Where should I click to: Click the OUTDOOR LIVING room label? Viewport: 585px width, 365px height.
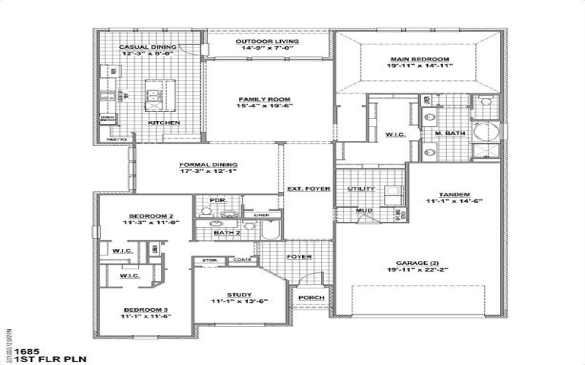[x=267, y=42]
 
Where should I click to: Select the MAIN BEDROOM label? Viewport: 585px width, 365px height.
[x=419, y=58]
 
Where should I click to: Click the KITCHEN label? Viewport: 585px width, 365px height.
[x=164, y=123]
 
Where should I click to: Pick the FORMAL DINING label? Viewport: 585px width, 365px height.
[x=205, y=165]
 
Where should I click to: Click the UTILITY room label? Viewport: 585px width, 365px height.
[x=361, y=189]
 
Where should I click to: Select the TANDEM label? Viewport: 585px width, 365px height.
[x=454, y=193]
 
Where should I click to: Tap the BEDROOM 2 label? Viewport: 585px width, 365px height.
[x=151, y=216]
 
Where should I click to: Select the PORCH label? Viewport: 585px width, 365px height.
[x=308, y=298]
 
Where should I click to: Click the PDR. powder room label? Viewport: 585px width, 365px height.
[x=216, y=200]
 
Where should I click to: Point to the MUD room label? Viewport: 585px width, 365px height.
[x=363, y=211]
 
